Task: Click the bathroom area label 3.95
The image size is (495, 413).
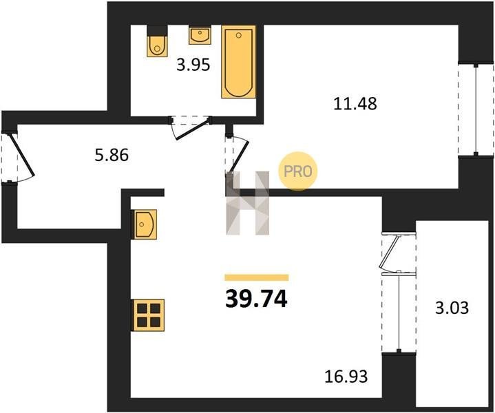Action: coord(193,65)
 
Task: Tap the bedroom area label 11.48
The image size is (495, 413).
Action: coord(355,103)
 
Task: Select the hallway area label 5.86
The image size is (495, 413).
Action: coord(112,156)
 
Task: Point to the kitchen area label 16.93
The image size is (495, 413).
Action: coord(346,377)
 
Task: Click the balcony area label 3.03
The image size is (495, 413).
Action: coord(452,308)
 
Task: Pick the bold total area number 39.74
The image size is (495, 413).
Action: coord(256,299)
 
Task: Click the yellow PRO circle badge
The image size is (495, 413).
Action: coord(297,171)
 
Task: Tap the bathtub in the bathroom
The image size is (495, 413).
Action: coord(239,62)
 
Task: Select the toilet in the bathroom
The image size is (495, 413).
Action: coord(157,41)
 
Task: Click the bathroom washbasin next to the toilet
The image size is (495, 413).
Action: coord(200,36)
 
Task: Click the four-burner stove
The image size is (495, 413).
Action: coord(149,315)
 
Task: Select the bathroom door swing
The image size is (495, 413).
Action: coord(191,127)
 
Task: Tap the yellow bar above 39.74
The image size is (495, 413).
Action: coord(257,277)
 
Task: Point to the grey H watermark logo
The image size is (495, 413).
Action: coord(248,203)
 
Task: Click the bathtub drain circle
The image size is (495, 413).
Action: coord(239,35)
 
